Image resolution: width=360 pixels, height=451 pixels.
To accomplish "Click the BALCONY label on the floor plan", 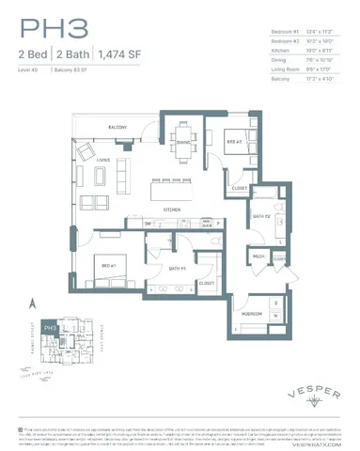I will pyautogui.click(x=117, y=126).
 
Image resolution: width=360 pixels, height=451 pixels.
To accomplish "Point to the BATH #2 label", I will pyautogui.click(x=261, y=217).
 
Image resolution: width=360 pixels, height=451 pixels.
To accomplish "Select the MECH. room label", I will pyautogui.click(x=257, y=256).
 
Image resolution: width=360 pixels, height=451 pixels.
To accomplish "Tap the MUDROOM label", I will pyautogui.click(x=251, y=312).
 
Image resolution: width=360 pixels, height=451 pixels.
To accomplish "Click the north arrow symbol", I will pyautogui.click(x=32, y=303).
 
